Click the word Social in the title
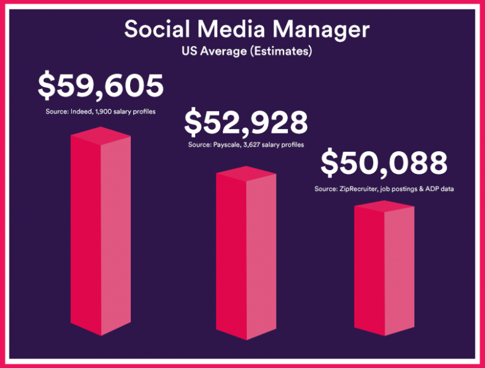(x=153, y=30)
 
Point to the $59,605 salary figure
(x=100, y=86)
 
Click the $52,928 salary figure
(x=246, y=122)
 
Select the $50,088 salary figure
(x=384, y=163)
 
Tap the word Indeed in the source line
(x=83, y=112)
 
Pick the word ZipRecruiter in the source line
(x=359, y=189)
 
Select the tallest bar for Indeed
(x=100, y=240)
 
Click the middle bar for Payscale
(x=246, y=259)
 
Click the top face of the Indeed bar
(x=100, y=135)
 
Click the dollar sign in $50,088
(x=329, y=163)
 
